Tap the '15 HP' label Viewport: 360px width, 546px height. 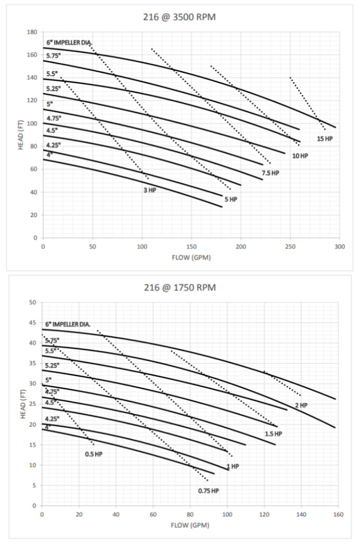325,139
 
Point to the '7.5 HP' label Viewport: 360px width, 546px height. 270,173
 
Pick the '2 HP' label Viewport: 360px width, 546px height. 300,405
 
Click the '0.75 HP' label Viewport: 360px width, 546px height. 208,491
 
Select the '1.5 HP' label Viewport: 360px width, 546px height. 274,434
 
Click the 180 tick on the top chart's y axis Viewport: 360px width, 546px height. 32,32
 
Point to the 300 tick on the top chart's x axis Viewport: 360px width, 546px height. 339,247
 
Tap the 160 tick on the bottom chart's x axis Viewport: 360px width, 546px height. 339,514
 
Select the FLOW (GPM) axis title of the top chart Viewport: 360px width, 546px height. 191,258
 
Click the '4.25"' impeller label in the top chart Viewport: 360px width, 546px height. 53,145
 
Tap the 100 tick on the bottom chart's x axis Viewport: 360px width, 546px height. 227,514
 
